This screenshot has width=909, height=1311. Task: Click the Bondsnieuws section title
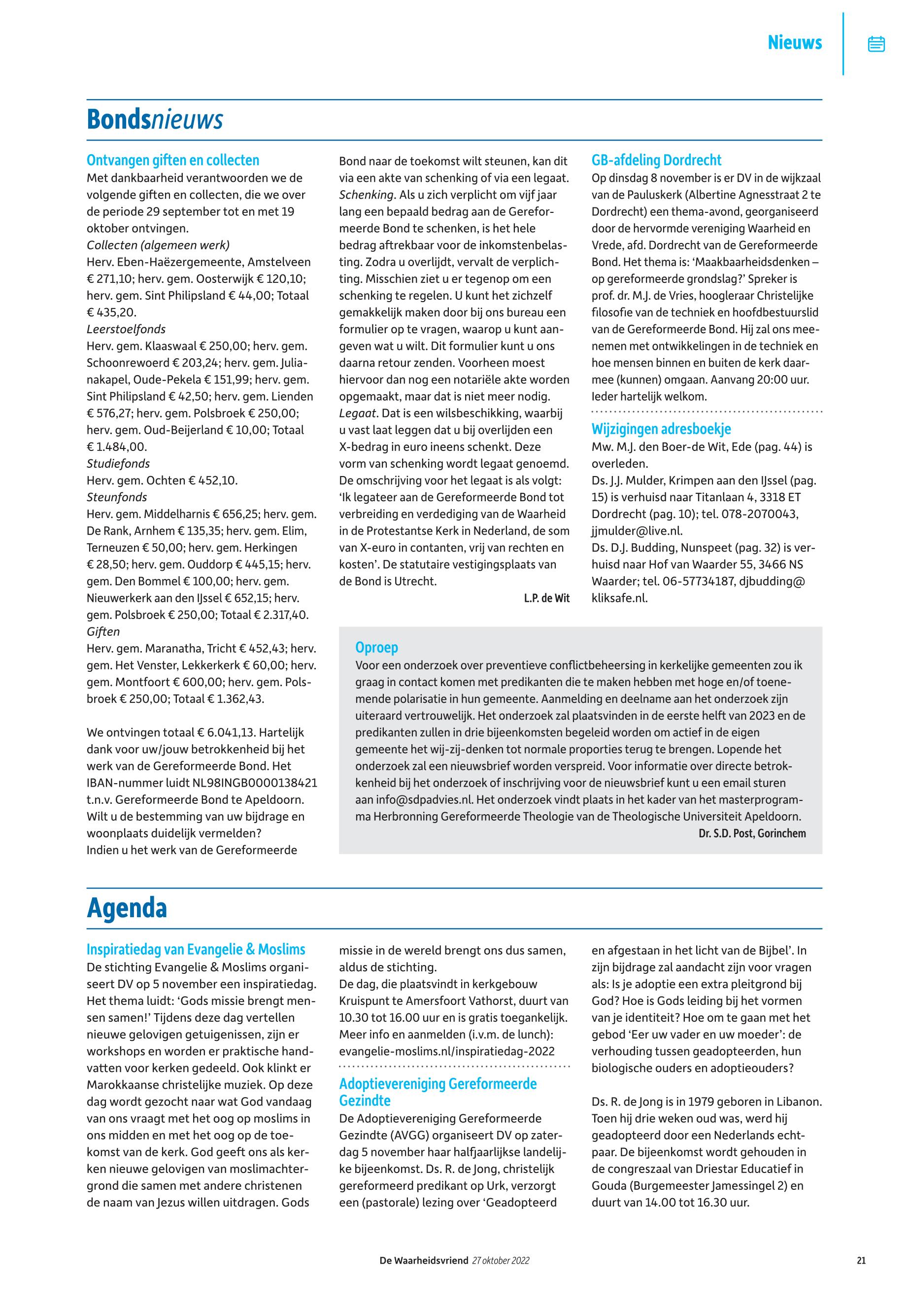[154, 120]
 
